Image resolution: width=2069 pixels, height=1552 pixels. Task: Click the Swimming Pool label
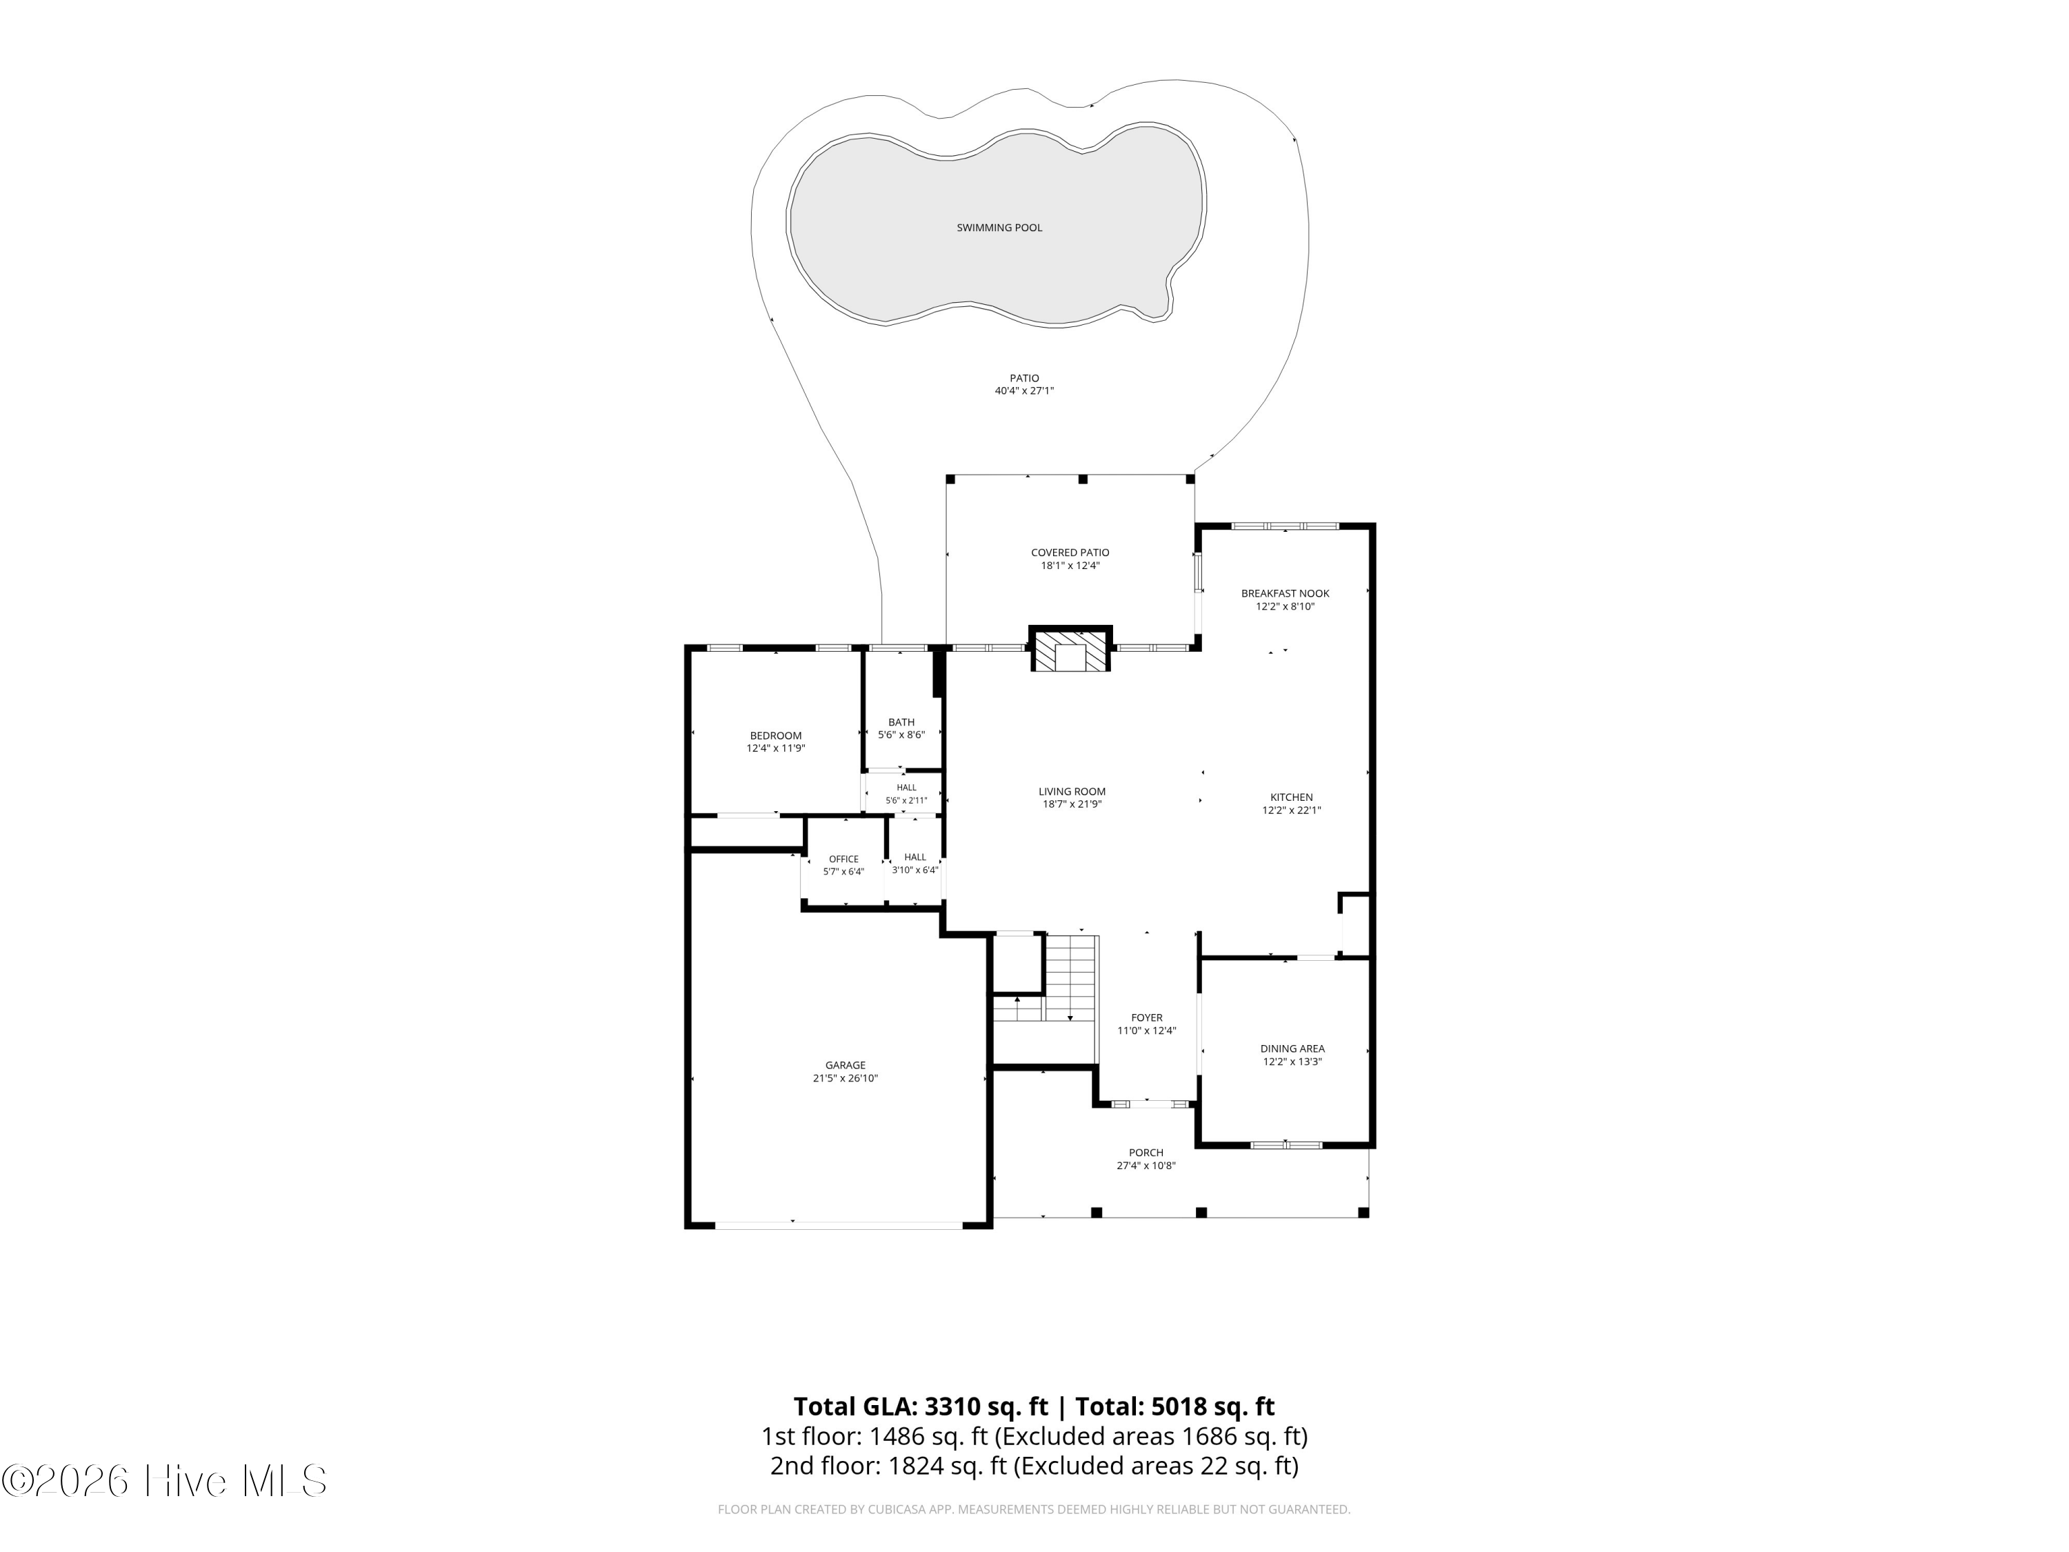point(999,228)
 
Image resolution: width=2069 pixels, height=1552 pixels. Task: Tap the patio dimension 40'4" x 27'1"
point(1024,391)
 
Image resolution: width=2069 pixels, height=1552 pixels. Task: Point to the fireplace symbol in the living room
point(1071,648)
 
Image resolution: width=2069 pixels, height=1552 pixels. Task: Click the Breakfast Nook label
point(1285,593)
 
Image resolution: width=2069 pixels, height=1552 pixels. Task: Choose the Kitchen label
point(1292,797)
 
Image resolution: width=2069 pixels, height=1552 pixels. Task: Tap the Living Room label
point(1072,791)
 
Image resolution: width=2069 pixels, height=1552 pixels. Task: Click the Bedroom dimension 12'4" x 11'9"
point(775,748)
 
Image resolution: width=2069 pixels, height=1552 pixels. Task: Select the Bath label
point(901,722)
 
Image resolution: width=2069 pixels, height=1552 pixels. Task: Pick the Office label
point(843,859)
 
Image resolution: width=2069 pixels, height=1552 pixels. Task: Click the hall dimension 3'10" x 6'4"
point(914,870)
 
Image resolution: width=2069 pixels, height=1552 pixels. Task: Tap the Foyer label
point(1147,1018)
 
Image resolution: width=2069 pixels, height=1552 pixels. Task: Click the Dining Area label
point(1292,1048)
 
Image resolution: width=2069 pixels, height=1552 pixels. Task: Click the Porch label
point(1146,1153)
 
